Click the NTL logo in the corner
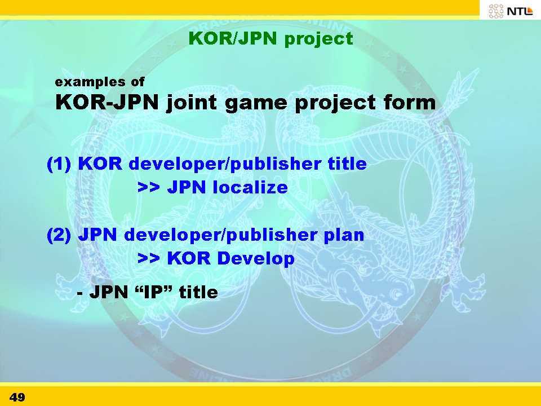pos(511,11)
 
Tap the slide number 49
pos(17,397)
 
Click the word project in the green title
pos(318,39)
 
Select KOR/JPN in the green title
pos(233,38)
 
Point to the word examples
pos(90,82)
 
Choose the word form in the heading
pos(410,102)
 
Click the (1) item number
pos(59,164)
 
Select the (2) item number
pos(59,235)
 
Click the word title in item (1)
pos(347,164)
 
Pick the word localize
pos(250,187)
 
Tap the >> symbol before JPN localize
pos(149,187)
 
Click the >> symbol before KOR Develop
pos(149,259)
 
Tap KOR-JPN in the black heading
pos(107,102)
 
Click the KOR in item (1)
pos(100,164)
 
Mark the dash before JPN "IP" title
pos(79,294)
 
